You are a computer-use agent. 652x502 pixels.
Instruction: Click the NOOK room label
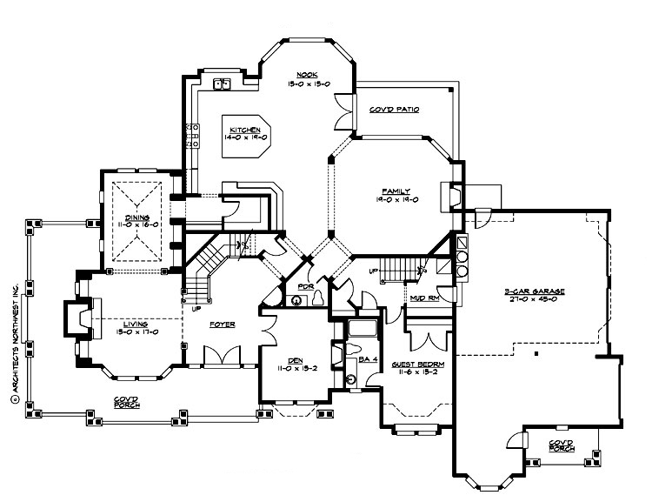(304, 74)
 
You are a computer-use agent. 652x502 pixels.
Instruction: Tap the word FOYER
(222, 325)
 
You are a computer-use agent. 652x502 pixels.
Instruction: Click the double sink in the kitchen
(223, 84)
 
